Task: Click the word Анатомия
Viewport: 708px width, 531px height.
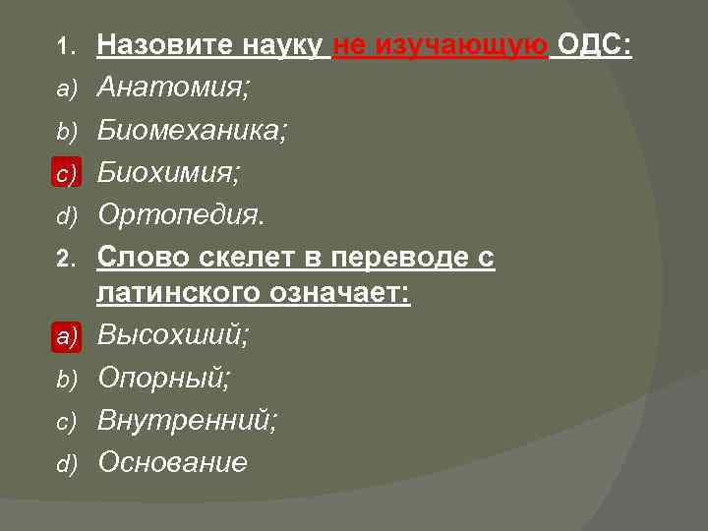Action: click(x=173, y=88)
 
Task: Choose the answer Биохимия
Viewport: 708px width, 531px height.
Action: click(x=168, y=173)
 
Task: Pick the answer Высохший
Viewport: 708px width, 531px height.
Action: click(x=173, y=336)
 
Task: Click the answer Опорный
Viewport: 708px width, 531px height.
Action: click(x=164, y=379)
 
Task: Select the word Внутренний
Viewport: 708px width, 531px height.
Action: click(x=187, y=421)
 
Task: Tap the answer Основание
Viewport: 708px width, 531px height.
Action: click(x=172, y=462)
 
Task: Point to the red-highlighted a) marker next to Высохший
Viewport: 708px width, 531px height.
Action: click(x=65, y=337)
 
